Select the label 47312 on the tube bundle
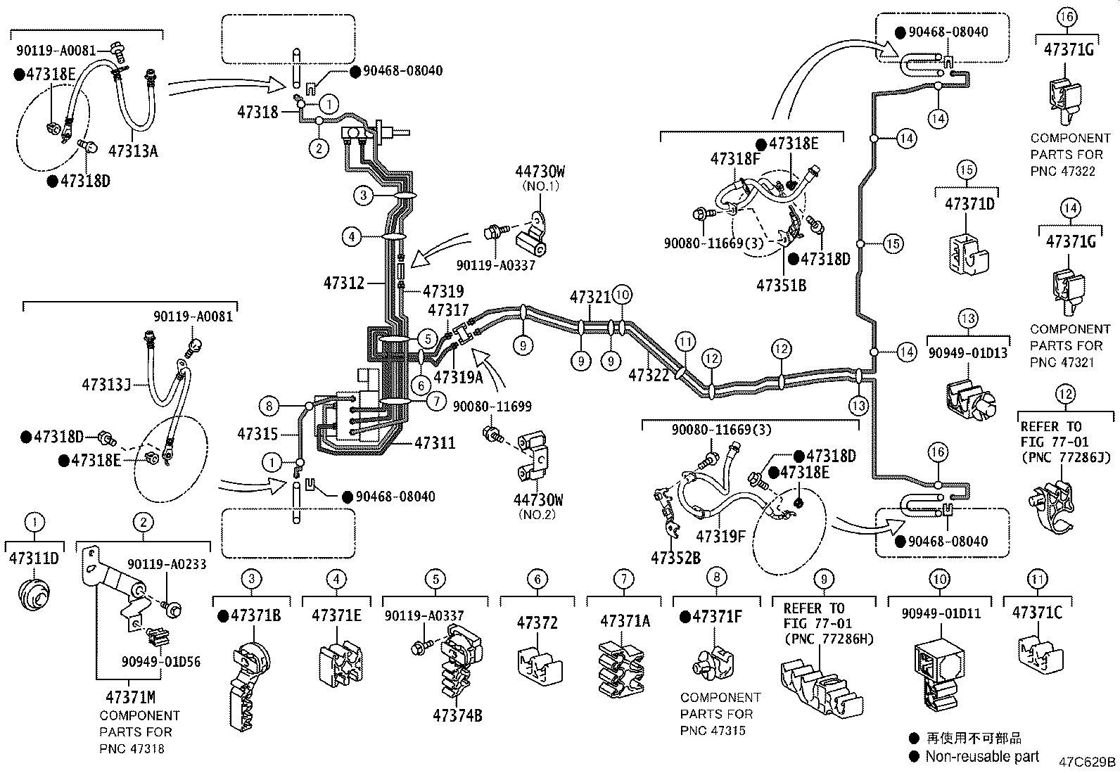[343, 283]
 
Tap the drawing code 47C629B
[1088, 762]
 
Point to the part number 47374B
[457, 715]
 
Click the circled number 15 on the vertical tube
[892, 244]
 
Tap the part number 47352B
[675, 558]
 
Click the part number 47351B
[781, 285]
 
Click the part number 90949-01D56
[160, 661]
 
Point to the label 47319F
[720, 537]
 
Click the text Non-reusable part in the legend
[981, 756]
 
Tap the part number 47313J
[106, 385]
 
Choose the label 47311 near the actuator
[434, 443]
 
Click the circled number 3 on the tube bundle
[364, 195]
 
